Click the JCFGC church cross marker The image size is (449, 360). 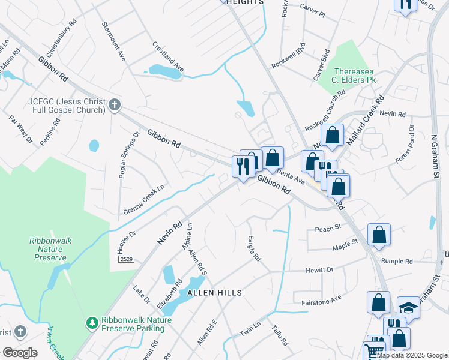114,106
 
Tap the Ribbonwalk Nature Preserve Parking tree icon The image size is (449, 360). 92,324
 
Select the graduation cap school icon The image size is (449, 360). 408,307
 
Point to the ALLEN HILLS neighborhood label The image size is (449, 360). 214,293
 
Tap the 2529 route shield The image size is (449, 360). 126,259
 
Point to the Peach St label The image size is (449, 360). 328,228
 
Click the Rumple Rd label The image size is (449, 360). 397,262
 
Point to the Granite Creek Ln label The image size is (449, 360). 143,199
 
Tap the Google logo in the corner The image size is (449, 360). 20,353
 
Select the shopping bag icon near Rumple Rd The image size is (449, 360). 379,235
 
